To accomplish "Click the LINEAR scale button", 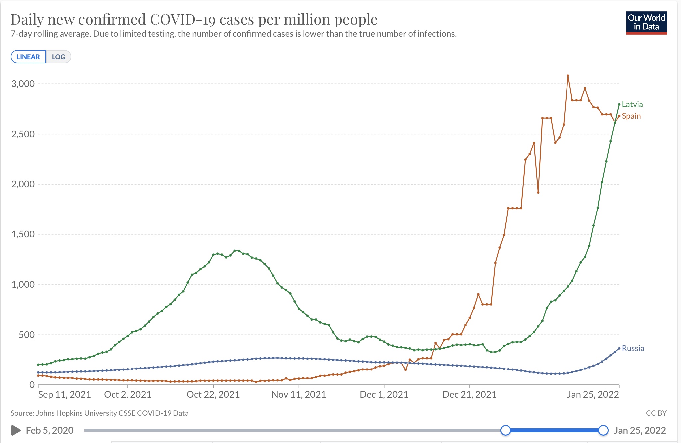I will coord(28,57).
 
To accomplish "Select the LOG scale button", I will coord(58,57).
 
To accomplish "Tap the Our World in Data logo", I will coord(646,23).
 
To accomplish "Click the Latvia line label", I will coord(632,104).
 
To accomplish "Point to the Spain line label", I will coord(631,116).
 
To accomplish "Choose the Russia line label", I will coord(633,348).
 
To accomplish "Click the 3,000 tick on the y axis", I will coord(23,84).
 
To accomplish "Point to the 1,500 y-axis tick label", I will coord(23,234).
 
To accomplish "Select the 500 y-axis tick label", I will coord(27,335).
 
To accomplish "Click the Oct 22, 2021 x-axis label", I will coord(213,394).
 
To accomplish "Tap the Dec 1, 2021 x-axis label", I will coord(384,394).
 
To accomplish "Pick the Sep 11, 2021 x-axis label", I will coord(64,394).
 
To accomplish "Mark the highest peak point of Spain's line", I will coord(568,76).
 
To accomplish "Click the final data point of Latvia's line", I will coord(619,104).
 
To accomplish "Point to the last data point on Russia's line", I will coord(619,348).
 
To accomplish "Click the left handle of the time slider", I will coord(506,430).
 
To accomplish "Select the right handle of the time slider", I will coord(603,430).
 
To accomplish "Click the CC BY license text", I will coord(656,413).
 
